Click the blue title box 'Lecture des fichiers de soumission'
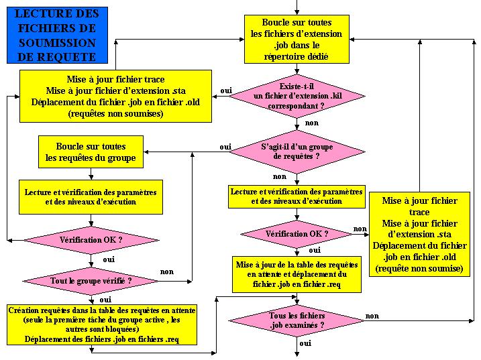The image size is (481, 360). click(x=56, y=35)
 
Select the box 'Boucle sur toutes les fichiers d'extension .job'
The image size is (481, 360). click(x=296, y=40)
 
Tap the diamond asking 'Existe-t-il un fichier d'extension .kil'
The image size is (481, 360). click(x=296, y=96)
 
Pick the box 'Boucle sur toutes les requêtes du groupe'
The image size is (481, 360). click(x=91, y=152)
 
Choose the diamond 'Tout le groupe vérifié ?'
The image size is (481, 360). click(x=91, y=280)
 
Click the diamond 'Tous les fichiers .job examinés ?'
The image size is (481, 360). click(x=297, y=320)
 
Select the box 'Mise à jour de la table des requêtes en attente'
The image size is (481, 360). click(x=296, y=274)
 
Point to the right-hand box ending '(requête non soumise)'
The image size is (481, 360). click(x=419, y=234)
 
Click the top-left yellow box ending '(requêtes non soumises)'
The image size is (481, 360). click(x=115, y=97)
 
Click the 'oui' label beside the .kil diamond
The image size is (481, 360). click(x=226, y=91)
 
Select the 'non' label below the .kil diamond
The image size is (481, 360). click(x=311, y=123)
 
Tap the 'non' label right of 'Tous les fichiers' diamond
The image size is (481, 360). click(x=372, y=316)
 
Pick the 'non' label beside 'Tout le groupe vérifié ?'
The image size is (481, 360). click(x=166, y=272)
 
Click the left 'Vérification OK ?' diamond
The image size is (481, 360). click(x=91, y=239)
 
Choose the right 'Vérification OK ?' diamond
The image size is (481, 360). click(x=297, y=234)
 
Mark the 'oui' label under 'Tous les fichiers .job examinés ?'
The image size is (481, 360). click(x=305, y=343)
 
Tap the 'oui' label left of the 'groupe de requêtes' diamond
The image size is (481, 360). click(x=225, y=146)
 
